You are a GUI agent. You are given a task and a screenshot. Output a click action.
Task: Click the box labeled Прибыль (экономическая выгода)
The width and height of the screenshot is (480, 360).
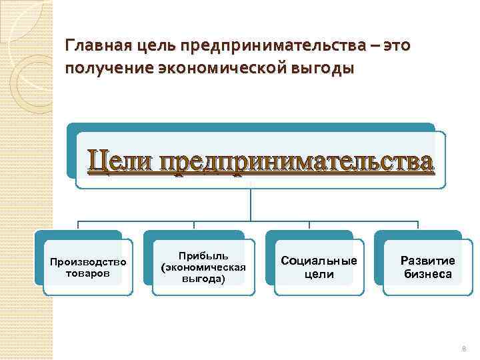[x=203, y=267]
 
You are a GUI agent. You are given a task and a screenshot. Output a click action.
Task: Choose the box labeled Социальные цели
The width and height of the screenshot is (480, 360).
[x=319, y=267]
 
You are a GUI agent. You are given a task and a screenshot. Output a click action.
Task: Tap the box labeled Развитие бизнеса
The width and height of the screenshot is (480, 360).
[x=427, y=267]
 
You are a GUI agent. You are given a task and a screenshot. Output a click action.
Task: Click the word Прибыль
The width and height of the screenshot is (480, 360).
[x=203, y=256]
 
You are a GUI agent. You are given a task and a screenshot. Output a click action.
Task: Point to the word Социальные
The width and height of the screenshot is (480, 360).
[x=319, y=261]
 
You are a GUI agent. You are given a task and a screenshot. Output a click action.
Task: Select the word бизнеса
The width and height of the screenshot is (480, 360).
[x=427, y=273]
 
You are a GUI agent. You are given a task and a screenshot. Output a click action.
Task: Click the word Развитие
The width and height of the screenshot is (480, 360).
[x=427, y=261]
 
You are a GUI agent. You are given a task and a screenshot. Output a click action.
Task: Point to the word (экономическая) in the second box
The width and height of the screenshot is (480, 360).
[x=203, y=267]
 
